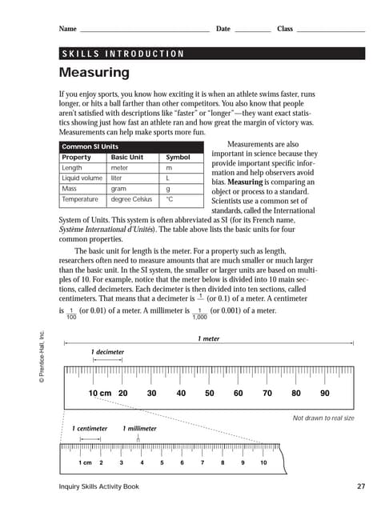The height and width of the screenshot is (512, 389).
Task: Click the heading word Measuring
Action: [x=94, y=73]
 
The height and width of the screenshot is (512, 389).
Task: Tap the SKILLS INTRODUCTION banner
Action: [x=122, y=54]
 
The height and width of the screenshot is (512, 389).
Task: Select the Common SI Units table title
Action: [x=90, y=147]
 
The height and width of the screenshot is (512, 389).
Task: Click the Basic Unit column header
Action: [x=130, y=158]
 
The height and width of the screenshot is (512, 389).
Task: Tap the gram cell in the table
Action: [x=121, y=189]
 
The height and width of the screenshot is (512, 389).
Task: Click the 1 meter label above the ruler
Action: [x=208, y=338]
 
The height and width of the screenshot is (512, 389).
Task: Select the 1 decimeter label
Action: [x=107, y=351]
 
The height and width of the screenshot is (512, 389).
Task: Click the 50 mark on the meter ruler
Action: [x=209, y=394]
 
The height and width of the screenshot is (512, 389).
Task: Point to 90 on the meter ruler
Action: [x=324, y=394]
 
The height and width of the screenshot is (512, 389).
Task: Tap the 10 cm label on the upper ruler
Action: [x=100, y=394]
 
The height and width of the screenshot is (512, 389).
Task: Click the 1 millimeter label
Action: [x=140, y=429]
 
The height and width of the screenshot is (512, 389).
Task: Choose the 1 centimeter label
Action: [x=90, y=429]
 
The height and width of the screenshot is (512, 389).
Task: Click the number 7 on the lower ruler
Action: [x=203, y=463]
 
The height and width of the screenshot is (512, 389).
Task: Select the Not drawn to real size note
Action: [x=323, y=418]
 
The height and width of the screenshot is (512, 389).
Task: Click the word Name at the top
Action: [x=67, y=29]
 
